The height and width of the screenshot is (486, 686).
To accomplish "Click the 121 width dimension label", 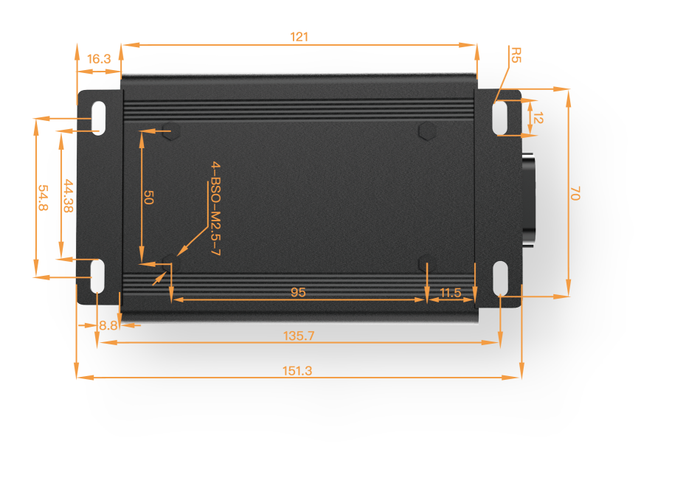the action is pos(299,37).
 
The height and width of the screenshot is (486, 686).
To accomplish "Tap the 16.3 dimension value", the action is pos(99,58).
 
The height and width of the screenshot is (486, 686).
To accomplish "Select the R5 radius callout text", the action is pos(516,55).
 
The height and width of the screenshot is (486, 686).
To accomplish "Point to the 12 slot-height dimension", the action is pos(538,118).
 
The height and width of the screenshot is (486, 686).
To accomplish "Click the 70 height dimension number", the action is pos(575,193).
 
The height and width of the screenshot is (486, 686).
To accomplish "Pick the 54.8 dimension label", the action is pos(43,198).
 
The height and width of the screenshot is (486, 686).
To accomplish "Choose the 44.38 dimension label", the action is pos(69,195).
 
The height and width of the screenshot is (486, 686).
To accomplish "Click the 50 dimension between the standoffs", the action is pos(148,198).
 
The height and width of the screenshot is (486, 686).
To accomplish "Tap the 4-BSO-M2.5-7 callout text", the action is pos(215,208).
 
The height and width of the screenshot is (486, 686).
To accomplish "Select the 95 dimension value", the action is pos(298,292).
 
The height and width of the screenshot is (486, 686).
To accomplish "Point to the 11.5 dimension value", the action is pos(451,292).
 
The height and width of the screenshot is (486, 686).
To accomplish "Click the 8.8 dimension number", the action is pos(108,325).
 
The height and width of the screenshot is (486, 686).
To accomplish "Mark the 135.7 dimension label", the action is pos(299,336).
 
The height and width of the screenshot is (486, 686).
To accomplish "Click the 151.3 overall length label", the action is pos(297,371).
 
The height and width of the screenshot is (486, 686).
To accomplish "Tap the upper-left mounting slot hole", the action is pos(98,118).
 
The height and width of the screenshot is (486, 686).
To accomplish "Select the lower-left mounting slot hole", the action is pos(98,276).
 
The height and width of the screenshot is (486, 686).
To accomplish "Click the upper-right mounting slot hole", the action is pos(499,118).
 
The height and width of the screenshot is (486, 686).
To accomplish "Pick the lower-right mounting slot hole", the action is pos(500,279).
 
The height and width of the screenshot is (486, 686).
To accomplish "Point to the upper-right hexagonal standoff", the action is pos(427,131).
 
